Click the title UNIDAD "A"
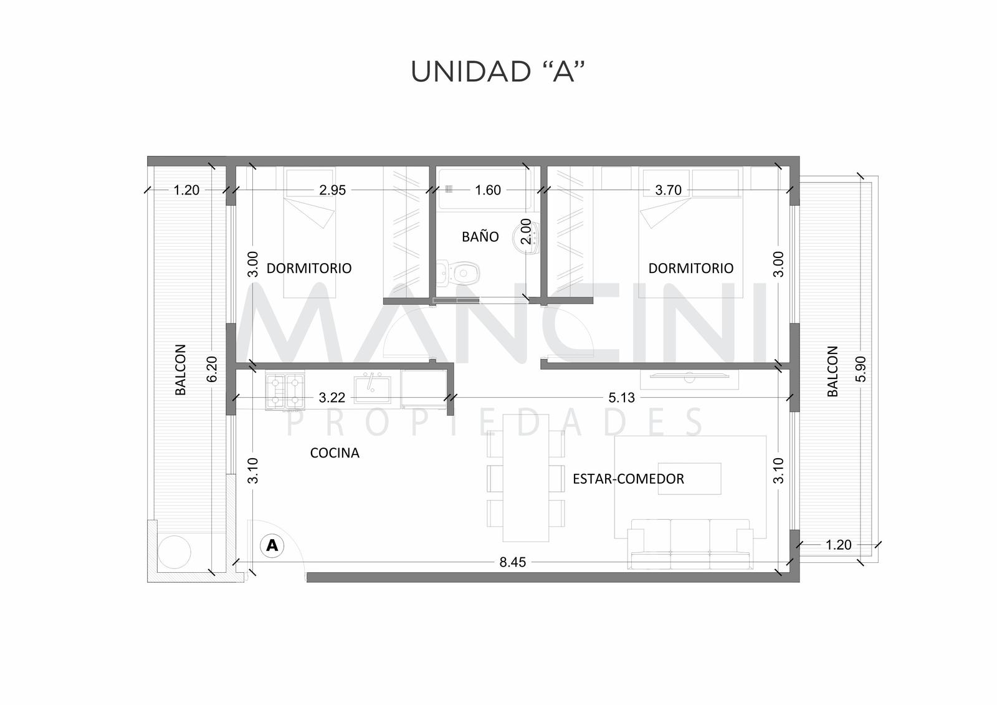pyautogui.click(x=497, y=71)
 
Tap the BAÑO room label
pyautogui.click(x=480, y=236)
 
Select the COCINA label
pyautogui.click(x=335, y=453)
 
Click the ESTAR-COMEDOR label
pyautogui.click(x=628, y=479)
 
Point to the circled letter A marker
pyautogui.click(x=272, y=545)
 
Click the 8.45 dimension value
pyautogui.click(x=512, y=562)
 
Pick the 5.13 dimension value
pyautogui.click(x=621, y=398)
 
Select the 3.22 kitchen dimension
pyautogui.click(x=332, y=398)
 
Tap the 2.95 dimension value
pyautogui.click(x=333, y=190)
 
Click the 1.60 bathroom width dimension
pyautogui.click(x=488, y=190)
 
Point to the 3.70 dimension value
pyautogui.click(x=668, y=190)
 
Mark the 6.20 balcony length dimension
pyautogui.click(x=212, y=369)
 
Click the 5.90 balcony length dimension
pyautogui.click(x=861, y=369)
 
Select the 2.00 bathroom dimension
pyautogui.click(x=526, y=231)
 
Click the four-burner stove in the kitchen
pyautogui.click(x=285, y=391)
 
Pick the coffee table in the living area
pyautogui.click(x=689, y=479)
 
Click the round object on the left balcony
pyautogui.click(x=174, y=552)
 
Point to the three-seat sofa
pyautogui.click(x=690, y=544)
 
